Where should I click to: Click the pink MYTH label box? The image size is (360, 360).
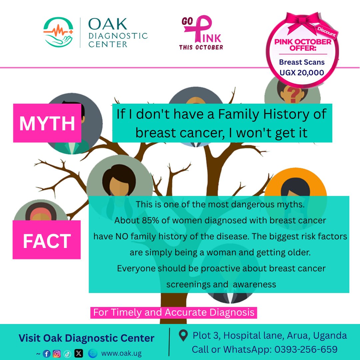click(x=47, y=123)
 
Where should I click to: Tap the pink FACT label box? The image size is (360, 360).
click(x=47, y=240)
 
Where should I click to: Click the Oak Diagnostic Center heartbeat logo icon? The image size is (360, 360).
click(x=59, y=32)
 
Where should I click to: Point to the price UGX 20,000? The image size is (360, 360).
click(x=302, y=72)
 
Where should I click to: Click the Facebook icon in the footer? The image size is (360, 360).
click(x=47, y=354)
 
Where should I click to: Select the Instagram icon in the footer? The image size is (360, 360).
click(x=57, y=354)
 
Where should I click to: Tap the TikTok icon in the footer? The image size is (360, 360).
click(x=67, y=354)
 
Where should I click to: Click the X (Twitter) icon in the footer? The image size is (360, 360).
click(x=79, y=354)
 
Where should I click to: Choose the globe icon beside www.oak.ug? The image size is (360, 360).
click(x=93, y=354)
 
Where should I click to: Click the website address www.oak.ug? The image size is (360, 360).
click(x=121, y=354)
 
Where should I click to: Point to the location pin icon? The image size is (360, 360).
click(x=183, y=335)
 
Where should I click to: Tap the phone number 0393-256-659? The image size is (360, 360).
click(x=306, y=349)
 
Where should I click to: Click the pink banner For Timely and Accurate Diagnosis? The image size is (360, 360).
click(x=174, y=313)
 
